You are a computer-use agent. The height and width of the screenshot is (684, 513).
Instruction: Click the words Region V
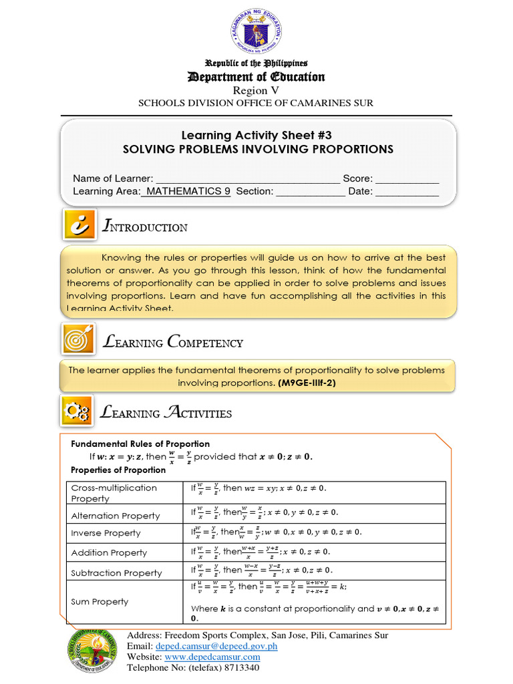click(x=256, y=90)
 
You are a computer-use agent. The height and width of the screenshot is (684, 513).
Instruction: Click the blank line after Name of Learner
click(x=248, y=179)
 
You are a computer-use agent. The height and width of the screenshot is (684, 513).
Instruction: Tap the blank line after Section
click(x=311, y=192)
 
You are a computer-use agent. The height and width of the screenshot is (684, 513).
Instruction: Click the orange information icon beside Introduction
click(x=80, y=225)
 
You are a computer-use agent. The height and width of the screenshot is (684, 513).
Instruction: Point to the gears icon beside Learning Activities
click(x=77, y=411)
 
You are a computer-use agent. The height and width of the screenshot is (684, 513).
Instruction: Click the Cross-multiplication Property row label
click(x=114, y=493)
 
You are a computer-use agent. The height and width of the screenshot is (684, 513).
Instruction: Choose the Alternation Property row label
click(x=116, y=516)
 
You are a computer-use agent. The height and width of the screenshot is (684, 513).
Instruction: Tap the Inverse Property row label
click(x=106, y=533)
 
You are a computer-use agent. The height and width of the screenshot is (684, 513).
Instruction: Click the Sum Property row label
click(x=100, y=602)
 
